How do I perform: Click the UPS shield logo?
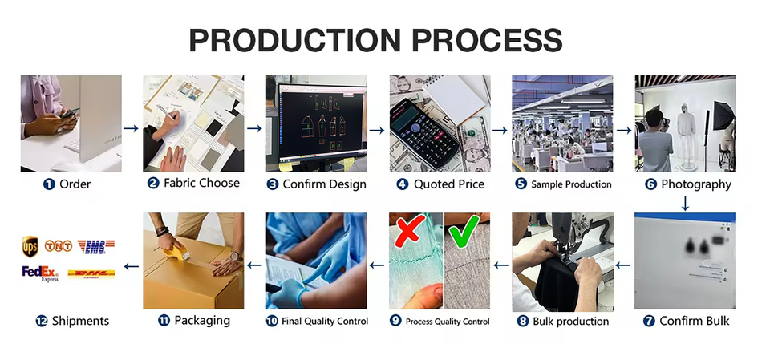(30, 247)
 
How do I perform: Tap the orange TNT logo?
(59, 245)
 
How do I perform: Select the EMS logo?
(96, 247)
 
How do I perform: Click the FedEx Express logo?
(40, 273)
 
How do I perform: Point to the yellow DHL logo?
(91, 274)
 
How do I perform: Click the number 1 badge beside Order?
(49, 184)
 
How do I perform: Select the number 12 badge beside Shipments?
(42, 322)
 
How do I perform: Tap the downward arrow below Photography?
(685, 204)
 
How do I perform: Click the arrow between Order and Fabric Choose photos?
(131, 128)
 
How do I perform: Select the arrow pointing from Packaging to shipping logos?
(131, 266)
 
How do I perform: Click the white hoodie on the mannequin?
(686, 120)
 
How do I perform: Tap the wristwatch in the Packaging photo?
(236, 257)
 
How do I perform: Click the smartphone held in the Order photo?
(69, 112)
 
